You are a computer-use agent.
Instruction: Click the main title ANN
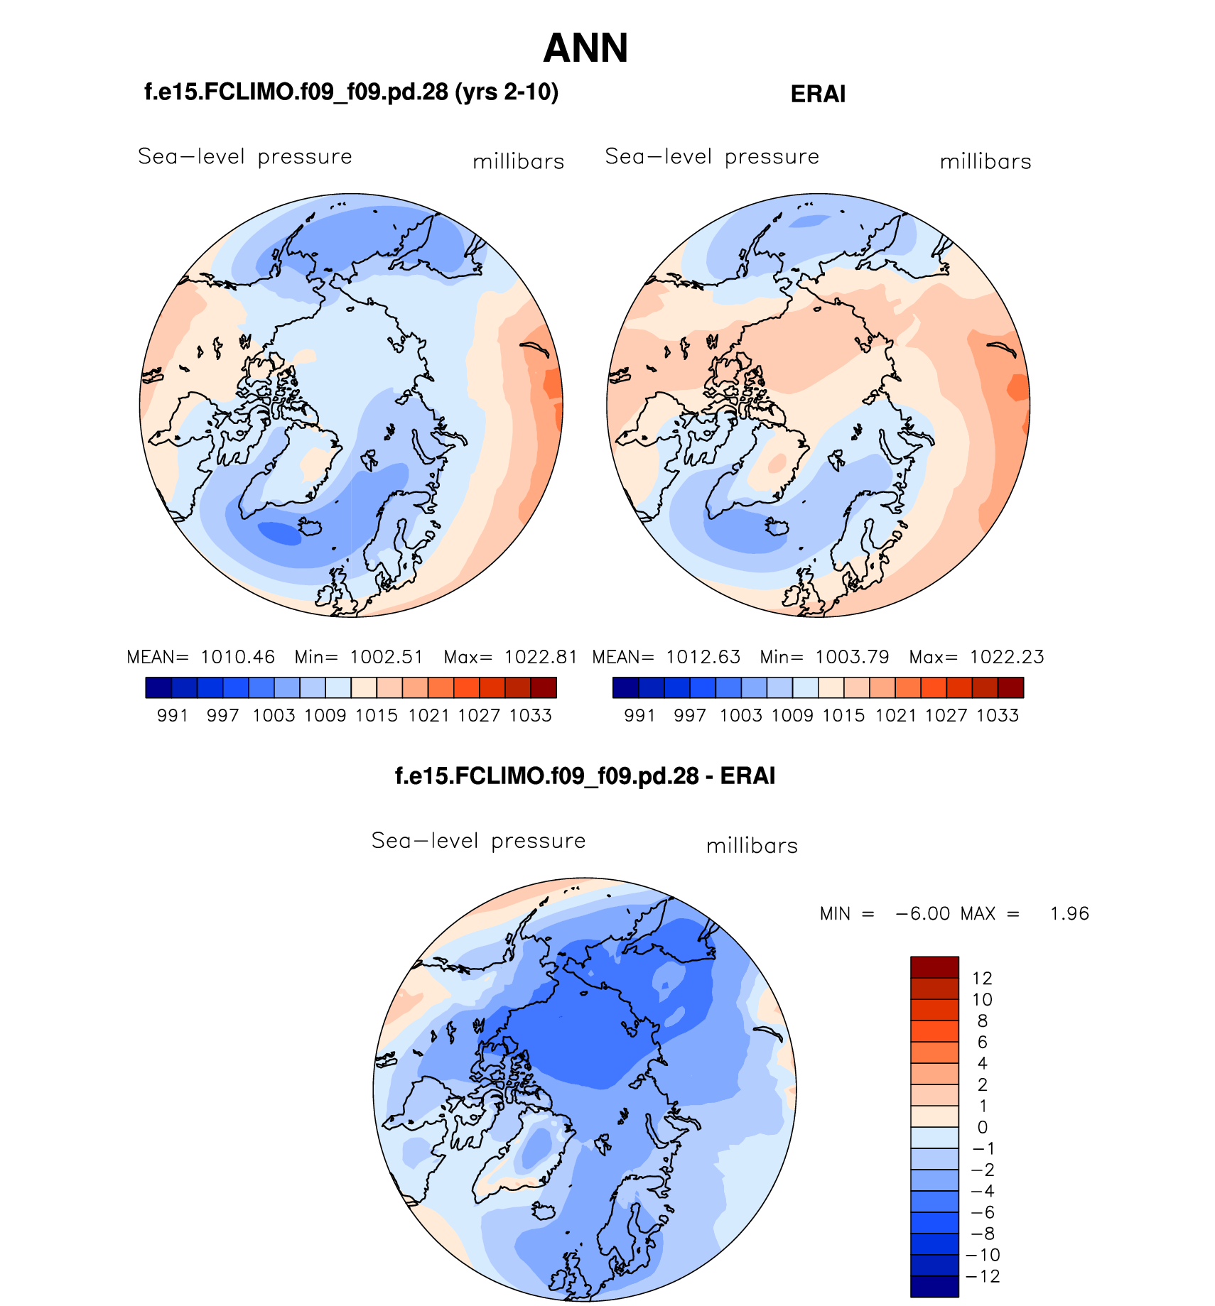click(x=585, y=48)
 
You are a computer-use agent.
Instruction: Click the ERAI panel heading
click(x=818, y=94)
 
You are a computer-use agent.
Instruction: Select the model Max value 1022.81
click(x=541, y=657)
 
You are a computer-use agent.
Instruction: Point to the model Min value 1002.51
click(x=386, y=657)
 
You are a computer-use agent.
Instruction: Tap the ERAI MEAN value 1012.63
click(x=703, y=657)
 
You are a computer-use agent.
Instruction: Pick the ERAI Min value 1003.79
click(x=852, y=657)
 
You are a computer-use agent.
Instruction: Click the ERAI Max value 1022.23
click(x=1007, y=657)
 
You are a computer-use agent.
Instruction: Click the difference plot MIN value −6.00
click(x=923, y=913)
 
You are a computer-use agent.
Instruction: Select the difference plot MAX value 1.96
click(x=1069, y=913)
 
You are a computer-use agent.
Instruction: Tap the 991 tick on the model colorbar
click(x=172, y=715)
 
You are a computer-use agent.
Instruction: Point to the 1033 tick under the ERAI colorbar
click(x=998, y=715)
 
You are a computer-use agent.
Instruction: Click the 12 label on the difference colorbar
click(x=982, y=978)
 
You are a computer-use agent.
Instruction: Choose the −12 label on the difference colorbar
click(x=983, y=1276)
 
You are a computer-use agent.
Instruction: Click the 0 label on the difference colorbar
click(x=982, y=1127)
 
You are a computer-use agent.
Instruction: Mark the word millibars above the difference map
click(x=752, y=846)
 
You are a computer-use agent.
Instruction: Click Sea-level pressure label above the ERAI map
click(x=712, y=156)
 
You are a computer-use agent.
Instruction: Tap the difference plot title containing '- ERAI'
click(x=585, y=776)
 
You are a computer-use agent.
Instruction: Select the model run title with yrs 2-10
click(x=351, y=92)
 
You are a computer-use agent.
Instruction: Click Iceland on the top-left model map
click(x=311, y=527)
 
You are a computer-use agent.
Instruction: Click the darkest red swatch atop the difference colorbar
click(x=934, y=967)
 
